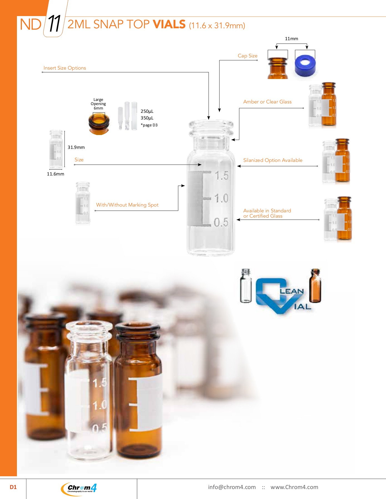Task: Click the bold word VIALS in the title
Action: (x=169, y=24)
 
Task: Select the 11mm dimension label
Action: (x=291, y=39)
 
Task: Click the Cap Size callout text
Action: (x=248, y=56)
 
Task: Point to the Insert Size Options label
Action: (x=65, y=68)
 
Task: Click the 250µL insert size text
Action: (x=147, y=111)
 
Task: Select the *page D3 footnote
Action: (x=149, y=125)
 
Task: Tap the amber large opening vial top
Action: (x=99, y=123)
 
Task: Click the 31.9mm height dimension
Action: (x=76, y=147)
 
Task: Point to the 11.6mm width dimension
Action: (x=55, y=174)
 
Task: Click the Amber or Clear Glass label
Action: (x=267, y=102)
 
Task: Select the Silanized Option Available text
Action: (x=273, y=160)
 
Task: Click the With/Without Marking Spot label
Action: (x=127, y=205)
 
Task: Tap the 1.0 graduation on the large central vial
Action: (x=221, y=198)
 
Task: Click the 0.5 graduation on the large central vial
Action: (x=221, y=222)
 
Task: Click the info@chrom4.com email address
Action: (x=232, y=487)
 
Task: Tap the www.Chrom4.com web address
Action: (x=294, y=487)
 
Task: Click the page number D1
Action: (x=13, y=487)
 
